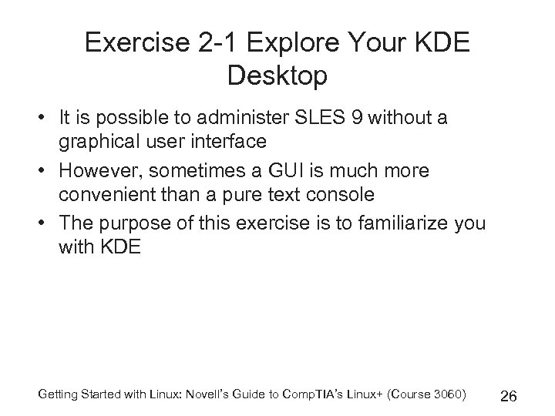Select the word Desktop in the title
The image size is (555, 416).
click(x=277, y=75)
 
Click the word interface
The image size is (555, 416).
click(x=232, y=141)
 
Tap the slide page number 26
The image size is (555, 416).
click(x=509, y=397)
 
